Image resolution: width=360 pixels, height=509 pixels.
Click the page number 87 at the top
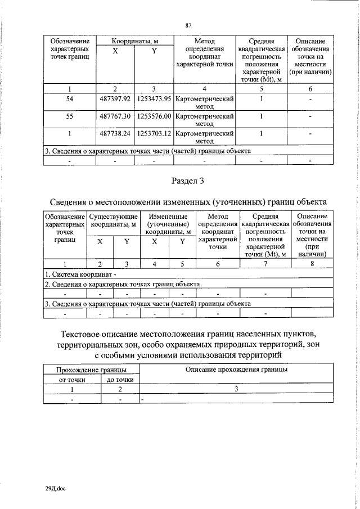(x=189, y=25)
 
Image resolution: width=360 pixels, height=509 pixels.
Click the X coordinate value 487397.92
(x=115, y=99)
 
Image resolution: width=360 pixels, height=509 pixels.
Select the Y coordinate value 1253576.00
(x=154, y=117)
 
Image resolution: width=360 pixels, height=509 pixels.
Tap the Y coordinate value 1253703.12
(x=154, y=135)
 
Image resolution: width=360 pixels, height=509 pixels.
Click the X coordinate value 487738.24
(x=115, y=135)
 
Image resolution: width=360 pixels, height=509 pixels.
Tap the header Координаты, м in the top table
(x=134, y=41)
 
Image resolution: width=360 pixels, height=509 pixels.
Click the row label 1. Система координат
(x=80, y=274)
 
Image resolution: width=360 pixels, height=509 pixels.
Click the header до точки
(x=120, y=380)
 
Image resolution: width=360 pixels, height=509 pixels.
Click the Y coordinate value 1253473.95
(x=154, y=99)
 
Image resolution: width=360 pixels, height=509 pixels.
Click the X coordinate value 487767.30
(x=115, y=117)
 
